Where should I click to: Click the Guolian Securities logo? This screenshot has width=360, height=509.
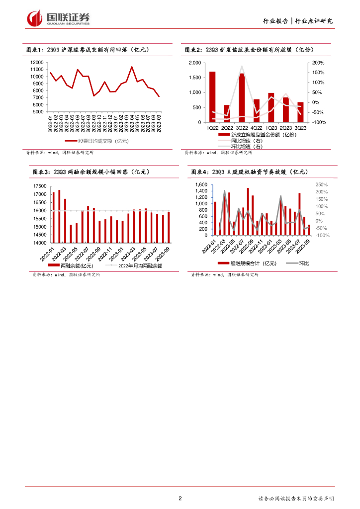pos(59,18)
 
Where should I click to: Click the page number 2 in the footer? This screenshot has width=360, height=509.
pos(180,498)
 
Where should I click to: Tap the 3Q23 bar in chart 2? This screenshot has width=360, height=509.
pos(300,112)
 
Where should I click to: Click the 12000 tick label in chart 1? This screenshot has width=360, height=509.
pos(37,62)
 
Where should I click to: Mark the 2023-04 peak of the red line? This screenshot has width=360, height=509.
pos(132,67)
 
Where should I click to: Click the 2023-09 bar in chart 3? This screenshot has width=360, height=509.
pos(169,228)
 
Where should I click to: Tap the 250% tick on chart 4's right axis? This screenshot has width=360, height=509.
pos(321,184)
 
